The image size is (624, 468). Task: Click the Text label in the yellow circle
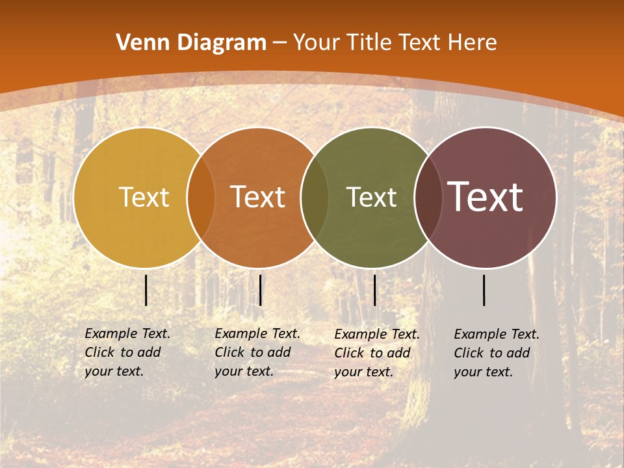point(144,197)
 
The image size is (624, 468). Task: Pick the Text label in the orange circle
point(257,197)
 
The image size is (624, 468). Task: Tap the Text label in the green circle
point(371,197)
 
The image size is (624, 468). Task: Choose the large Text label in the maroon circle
point(485,197)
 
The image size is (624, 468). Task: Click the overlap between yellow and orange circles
point(201,198)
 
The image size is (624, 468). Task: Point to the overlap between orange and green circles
point(315,198)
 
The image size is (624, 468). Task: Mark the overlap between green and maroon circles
point(428,198)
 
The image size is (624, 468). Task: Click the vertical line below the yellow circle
point(146,290)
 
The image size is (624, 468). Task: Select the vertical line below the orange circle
point(260,290)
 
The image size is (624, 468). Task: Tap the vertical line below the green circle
point(374,290)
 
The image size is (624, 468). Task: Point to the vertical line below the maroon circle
point(484,290)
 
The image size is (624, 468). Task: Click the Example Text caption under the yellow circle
point(127,352)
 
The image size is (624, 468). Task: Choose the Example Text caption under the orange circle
point(257,352)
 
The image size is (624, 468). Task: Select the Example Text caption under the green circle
point(376,353)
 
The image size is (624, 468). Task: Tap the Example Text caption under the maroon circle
point(496,353)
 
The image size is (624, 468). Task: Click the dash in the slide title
point(279,44)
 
